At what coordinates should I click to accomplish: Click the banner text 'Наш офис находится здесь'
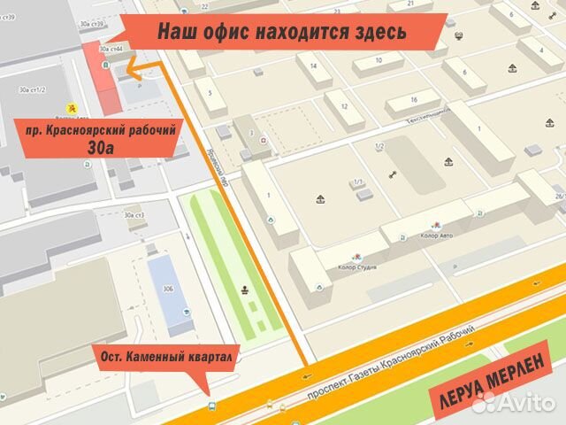(282, 33)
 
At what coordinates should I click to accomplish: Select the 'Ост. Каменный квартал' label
(166, 358)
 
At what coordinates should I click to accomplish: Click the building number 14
(314, 66)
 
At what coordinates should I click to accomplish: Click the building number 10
(378, 60)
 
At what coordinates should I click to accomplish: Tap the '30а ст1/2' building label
(32, 89)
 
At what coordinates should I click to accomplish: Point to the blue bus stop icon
(211, 406)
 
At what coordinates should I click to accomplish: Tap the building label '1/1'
(358, 182)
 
